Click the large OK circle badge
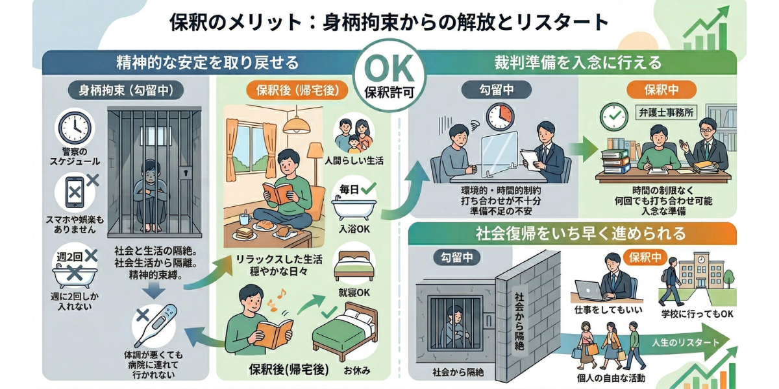[x=389, y=75]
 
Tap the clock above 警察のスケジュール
[x=75, y=128]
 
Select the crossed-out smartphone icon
[x=75, y=192]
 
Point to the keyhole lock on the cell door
[x=186, y=172]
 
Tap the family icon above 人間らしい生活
[x=354, y=136]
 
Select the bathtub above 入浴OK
[x=354, y=207]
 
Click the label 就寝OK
[x=354, y=292]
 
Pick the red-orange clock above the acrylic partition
[x=500, y=117]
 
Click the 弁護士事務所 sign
[x=666, y=113]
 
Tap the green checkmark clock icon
[x=614, y=117]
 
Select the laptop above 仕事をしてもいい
[x=589, y=290]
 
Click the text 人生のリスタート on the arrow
[x=686, y=342]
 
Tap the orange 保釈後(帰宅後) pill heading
[x=297, y=90]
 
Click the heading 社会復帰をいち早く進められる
[x=580, y=233]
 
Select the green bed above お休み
[x=345, y=331]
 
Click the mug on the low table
[x=245, y=219]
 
